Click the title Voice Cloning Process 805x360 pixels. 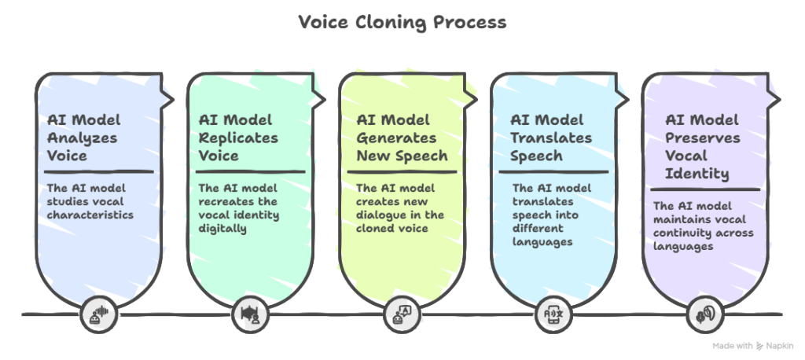click(x=402, y=22)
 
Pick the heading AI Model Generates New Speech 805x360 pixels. click(x=402, y=138)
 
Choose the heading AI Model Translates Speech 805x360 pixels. click(x=550, y=138)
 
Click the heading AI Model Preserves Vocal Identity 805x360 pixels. click(x=702, y=146)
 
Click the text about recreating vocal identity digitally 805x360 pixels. click(x=238, y=208)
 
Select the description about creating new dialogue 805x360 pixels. click(x=400, y=208)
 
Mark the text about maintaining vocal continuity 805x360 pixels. click(x=703, y=226)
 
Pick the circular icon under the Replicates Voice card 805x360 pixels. click(x=251, y=314)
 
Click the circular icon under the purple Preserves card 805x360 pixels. click(x=704, y=314)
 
